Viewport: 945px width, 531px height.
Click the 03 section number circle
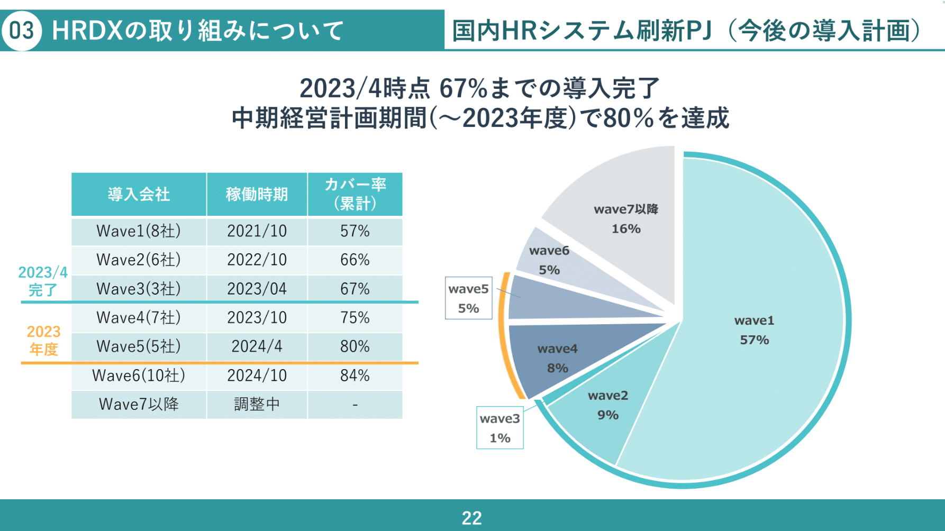point(22,30)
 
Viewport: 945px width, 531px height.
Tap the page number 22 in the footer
point(471,518)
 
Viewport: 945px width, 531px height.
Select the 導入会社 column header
point(139,194)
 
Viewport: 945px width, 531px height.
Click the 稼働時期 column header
point(257,194)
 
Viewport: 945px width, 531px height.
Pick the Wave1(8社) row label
point(139,231)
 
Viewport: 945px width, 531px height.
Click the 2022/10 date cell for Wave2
point(257,260)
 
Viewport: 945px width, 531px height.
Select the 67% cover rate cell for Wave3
point(355,289)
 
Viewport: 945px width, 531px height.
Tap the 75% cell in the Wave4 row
point(355,317)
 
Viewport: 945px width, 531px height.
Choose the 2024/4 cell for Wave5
point(257,346)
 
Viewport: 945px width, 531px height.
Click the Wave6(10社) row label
point(139,376)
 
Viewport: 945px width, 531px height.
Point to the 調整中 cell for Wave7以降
point(257,404)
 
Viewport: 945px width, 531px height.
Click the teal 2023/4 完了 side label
point(43,281)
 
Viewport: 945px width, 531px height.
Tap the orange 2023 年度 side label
point(43,340)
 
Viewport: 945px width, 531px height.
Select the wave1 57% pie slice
point(754,330)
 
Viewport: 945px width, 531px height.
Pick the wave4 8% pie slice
point(557,358)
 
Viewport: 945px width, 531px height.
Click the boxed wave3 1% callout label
point(499,428)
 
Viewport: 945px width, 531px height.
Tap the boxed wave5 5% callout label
point(468,298)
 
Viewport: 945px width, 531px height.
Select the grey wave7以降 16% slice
point(626,219)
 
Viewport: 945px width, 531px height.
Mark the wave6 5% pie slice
point(549,260)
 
